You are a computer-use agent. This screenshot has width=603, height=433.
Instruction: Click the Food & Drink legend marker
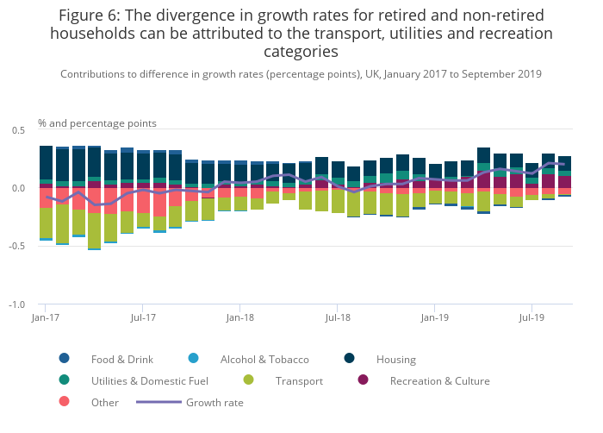click(64, 359)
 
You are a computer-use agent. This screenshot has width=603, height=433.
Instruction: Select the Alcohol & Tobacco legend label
click(264, 359)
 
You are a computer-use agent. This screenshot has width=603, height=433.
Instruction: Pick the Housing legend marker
click(350, 359)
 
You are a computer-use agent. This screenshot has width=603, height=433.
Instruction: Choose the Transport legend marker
click(249, 380)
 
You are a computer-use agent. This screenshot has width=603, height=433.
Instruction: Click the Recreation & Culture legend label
click(439, 380)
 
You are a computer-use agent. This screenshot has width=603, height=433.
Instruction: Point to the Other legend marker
click(64, 402)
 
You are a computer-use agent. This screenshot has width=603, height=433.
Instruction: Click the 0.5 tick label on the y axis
click(17, 129)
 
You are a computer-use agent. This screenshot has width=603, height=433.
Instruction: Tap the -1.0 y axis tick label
click(16, 305)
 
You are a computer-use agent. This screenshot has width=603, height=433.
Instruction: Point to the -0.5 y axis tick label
click(16, 247)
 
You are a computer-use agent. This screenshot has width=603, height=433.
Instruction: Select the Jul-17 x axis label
click(143, 317)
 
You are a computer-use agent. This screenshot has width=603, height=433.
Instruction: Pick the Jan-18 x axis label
click(240, 317)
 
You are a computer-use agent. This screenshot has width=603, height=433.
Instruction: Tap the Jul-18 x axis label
click(338, 317)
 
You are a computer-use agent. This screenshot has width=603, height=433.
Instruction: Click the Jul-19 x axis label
click(532, 317)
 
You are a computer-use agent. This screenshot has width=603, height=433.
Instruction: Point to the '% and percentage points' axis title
click(97, 122)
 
